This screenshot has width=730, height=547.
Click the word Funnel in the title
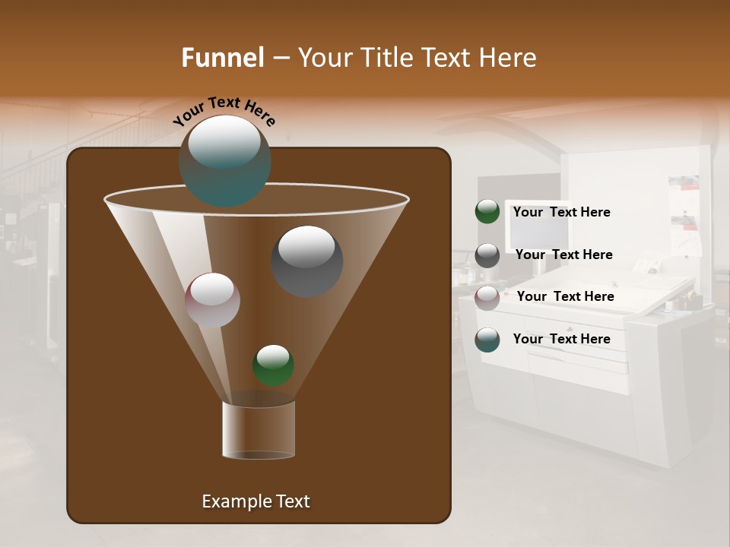[223, 58]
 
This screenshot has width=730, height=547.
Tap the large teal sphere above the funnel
[225, 160]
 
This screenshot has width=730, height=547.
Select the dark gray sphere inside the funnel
[307, 261]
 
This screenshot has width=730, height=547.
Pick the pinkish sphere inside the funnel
[213, 300]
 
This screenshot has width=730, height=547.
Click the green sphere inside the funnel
[274, 365]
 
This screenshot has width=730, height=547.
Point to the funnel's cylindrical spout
[259, 430]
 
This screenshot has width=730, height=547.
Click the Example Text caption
[255, 501]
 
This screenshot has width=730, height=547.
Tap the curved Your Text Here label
[224, 111]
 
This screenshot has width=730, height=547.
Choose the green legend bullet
[487, 212]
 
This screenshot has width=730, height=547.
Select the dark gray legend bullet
[487, 255]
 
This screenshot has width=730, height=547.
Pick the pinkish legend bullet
[487, 297]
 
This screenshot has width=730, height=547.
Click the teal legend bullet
[487, 340]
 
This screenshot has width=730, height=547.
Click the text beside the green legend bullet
[561, 213]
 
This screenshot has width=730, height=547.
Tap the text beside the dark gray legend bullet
[563, 255]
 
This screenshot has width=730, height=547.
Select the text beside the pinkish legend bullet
[565, 297]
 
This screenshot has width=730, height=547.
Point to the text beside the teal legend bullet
[561, 340]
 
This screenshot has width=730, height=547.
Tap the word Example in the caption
[234, 501]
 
